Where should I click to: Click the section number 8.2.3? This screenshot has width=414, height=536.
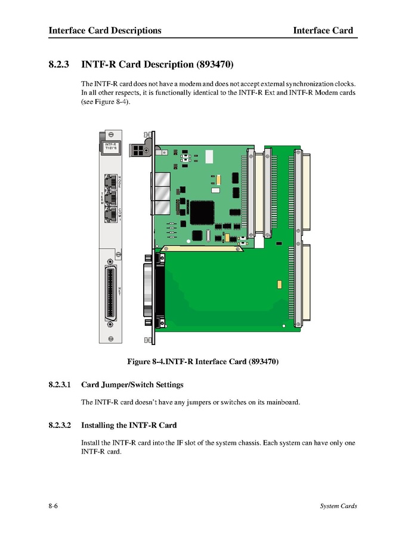tap(60, 64)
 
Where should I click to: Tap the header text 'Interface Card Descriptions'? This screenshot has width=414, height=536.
tap(105, 30)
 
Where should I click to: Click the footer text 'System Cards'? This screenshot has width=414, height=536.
tap(338, 506)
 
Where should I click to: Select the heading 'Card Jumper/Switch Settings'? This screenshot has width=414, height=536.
tap(132, 385)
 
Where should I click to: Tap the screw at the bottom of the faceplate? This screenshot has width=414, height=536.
tap(110, 325)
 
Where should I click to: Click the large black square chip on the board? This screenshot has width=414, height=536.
tap(202, 211)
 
